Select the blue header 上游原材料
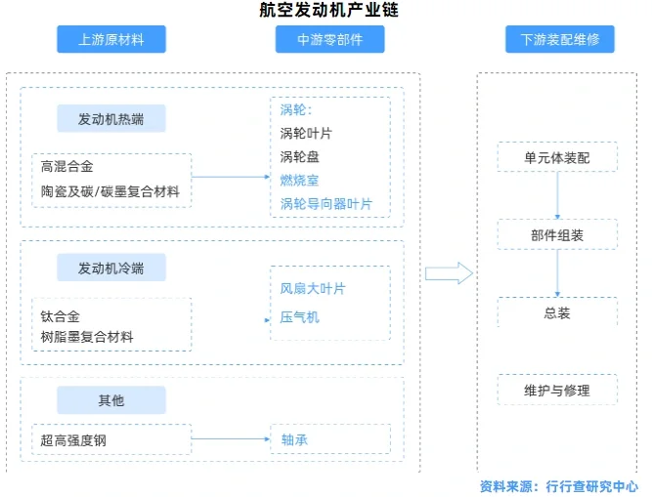coord(110,40)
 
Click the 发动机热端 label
coord(110,119)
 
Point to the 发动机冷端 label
coord(110,268)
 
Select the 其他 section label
coord(110,400)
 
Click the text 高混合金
coord(67,167)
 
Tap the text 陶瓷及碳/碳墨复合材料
coord(110,191)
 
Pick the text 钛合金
coord(61,315)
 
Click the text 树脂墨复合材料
coord(87,338)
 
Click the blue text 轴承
coord(294,440)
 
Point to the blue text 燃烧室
coord(299,181)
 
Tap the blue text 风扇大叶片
coord(313,289)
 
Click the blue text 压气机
coord(299,316)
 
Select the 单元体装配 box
coord(557,158)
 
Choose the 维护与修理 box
coord(557,391)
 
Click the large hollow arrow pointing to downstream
coord(449,273)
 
